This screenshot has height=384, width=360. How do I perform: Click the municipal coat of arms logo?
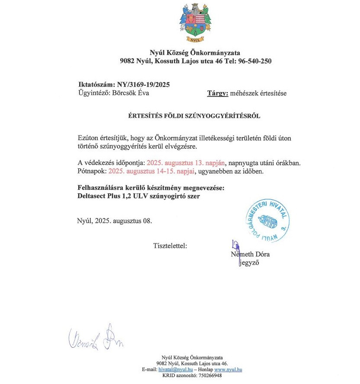(x=195, y=24)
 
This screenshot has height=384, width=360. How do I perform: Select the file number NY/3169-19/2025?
(x=140, y=84)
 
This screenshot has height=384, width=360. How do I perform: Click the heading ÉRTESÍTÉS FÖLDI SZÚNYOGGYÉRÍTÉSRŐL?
(x=194, y=116)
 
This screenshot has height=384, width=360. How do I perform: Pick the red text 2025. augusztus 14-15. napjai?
(x=152, y=171)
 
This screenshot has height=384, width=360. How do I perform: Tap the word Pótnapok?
(x=91, y=171)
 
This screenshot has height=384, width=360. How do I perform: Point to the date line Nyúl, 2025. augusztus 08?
(x=115, y=221)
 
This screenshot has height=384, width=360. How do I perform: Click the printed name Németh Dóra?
(x=250, y=254)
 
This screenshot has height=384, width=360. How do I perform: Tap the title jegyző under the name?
(x=249, y=263)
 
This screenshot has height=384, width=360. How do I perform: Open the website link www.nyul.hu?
(x=228, y=370)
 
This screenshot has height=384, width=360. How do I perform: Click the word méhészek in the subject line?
(x=245, y=93)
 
